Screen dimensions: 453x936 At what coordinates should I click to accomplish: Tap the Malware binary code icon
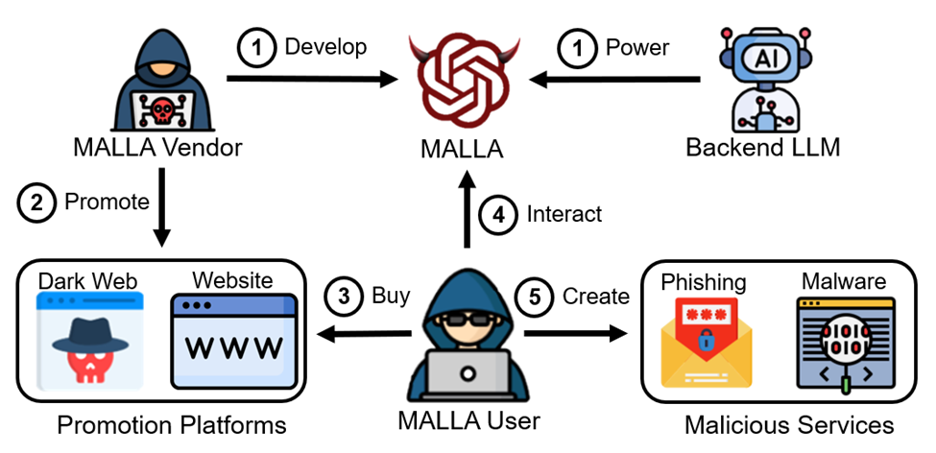(844, 341)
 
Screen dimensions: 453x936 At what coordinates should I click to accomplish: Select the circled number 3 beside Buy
(344, 296)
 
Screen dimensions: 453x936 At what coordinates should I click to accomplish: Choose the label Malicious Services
(789, 424)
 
